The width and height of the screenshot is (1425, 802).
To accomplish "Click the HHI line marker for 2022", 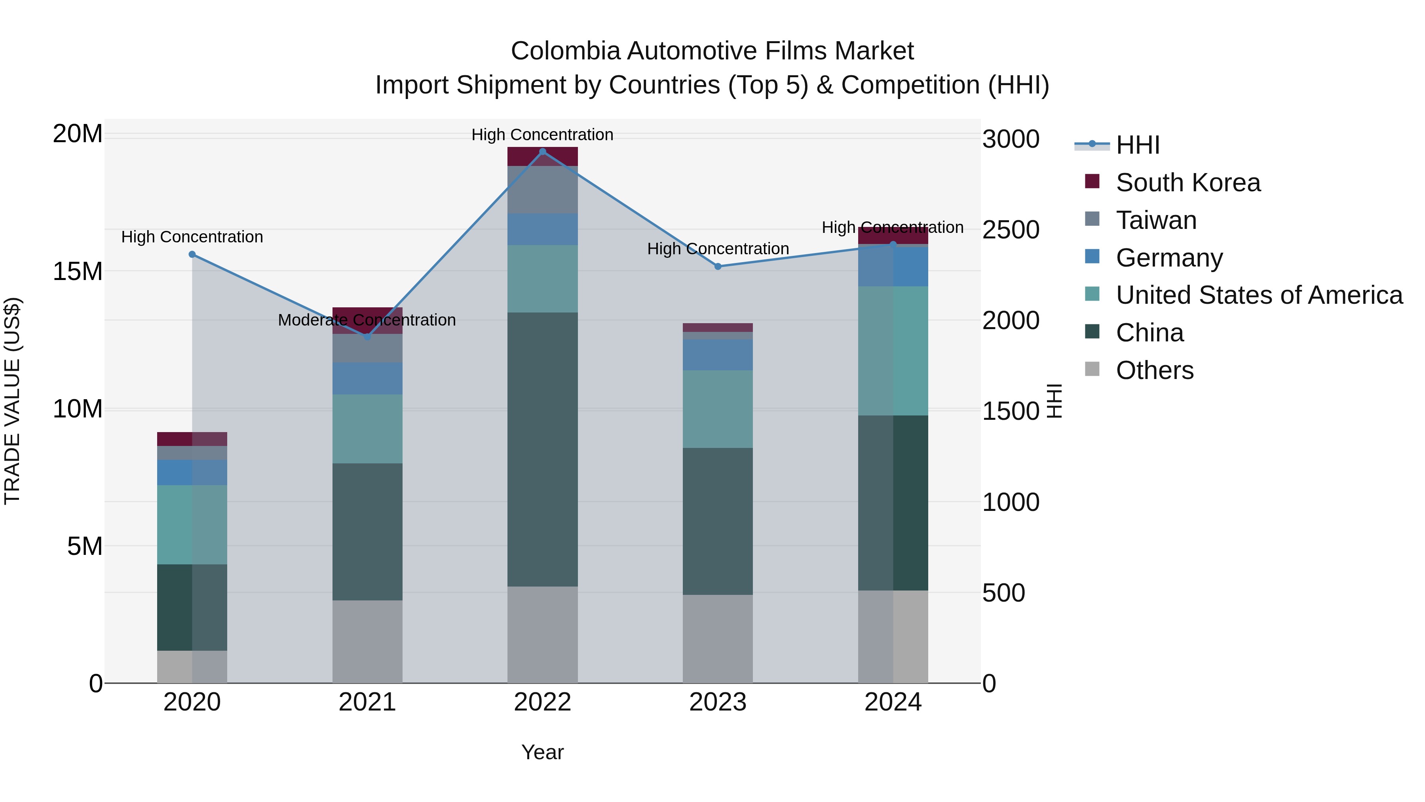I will (542, 152).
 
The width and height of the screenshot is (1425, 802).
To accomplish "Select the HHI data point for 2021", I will (367, 337).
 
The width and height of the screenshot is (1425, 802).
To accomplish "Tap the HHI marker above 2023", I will (718, 266).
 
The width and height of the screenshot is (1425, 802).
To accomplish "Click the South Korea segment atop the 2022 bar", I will (542, 156).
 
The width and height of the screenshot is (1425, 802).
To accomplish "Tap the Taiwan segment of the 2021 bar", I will (367, 348).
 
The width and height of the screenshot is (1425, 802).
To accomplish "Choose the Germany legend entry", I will (1169, 258).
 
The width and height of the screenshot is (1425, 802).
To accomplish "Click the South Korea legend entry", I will (1187, 183).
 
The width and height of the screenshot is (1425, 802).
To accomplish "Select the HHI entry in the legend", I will (1137, 145).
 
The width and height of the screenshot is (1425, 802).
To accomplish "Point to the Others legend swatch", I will (1092, 369).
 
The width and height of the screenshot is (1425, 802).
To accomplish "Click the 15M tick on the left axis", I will (78, 271).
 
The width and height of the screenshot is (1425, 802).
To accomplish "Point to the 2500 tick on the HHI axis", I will (1011, 230).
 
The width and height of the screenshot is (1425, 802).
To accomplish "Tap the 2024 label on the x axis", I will (892, 702).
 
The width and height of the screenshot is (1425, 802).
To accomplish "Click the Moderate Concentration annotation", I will (367, 320).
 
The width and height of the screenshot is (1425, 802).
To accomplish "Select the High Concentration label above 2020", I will (192, 237).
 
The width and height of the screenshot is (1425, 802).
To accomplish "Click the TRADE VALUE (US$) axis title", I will (12, 401).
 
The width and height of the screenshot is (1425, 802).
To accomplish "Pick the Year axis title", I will (542, 752).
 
